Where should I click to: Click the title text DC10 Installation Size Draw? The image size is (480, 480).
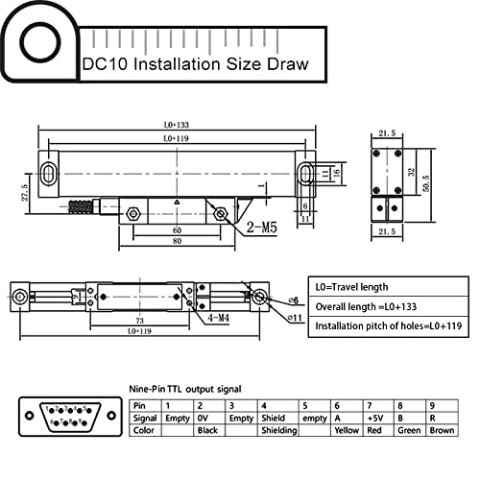pos(195,65)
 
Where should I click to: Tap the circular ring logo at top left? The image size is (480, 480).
pos(41,42)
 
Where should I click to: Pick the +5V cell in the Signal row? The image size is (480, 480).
pos(375,419)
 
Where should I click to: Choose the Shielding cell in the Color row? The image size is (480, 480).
pos(279,431)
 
